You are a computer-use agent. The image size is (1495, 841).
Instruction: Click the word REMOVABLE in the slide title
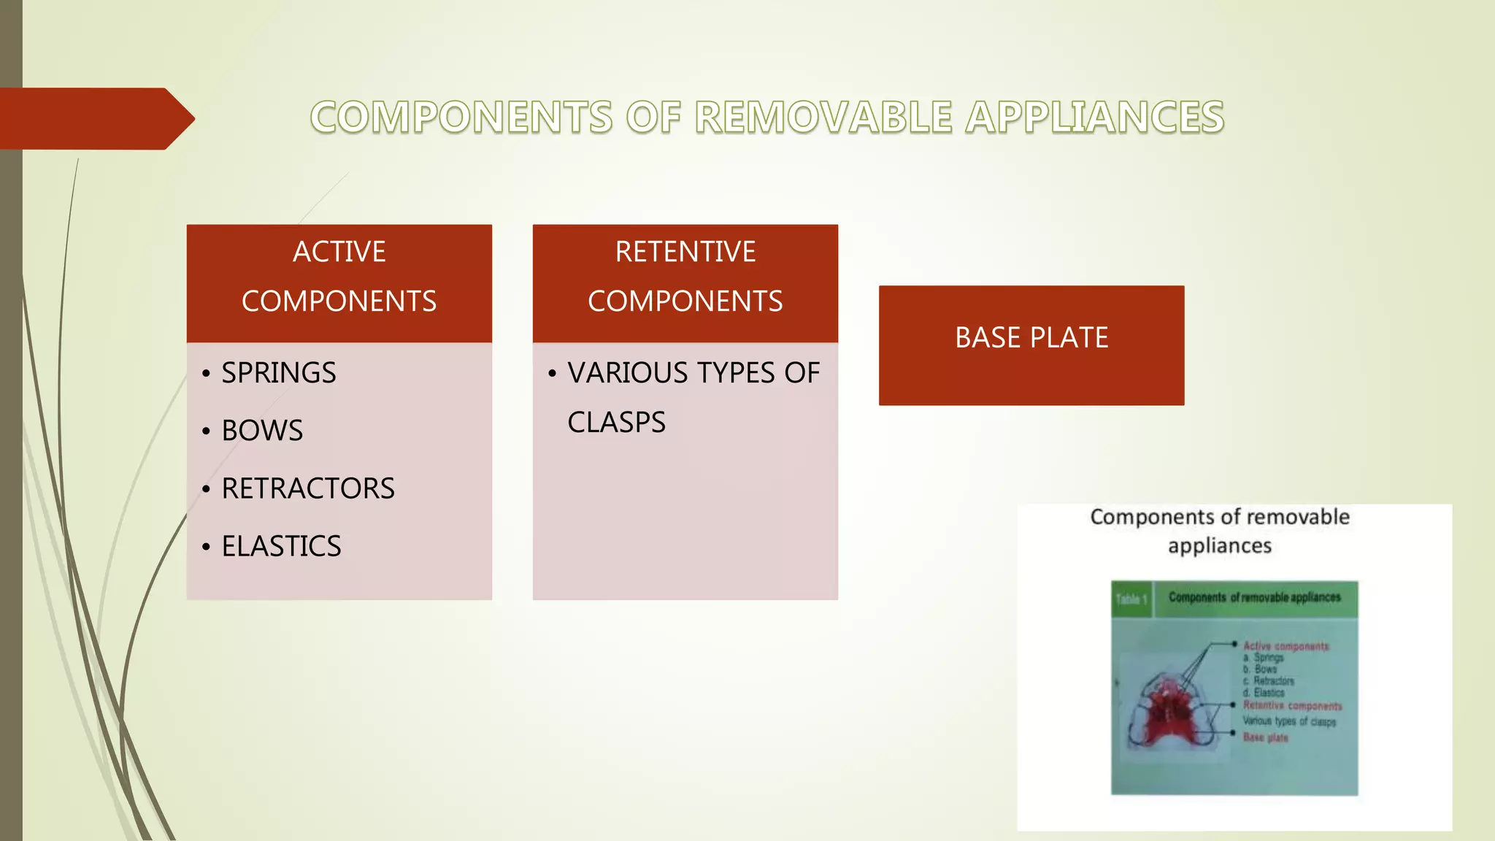(823, 118)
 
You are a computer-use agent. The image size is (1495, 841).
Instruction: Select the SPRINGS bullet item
(278, 373)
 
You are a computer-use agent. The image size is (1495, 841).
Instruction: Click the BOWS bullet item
(262, 431)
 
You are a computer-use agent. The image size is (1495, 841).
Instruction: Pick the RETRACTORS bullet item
(307, 488)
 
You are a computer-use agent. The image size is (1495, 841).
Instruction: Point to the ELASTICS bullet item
(281, 546)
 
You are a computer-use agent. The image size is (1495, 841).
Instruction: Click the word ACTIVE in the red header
(339, 252)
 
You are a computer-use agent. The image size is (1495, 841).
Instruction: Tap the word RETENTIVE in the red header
(685, 252)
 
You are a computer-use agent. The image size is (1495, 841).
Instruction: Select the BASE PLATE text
(1031, 338)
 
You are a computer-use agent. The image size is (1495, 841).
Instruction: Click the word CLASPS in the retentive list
(616, 423)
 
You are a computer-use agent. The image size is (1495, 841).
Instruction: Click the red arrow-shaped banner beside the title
(95, 118)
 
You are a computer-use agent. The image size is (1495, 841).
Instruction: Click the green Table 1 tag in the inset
(1131, 599)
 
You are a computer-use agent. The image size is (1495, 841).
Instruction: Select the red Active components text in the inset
(1285, 646)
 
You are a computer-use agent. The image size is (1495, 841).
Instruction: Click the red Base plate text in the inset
(1265, 737)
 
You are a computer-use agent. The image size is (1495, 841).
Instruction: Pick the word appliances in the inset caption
(1219, 546)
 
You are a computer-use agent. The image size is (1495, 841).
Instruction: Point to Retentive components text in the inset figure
(1292, 706)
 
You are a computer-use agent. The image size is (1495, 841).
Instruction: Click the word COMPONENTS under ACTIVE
(339, 302)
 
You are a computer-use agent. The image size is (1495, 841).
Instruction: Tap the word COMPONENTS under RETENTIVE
(685, 302)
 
